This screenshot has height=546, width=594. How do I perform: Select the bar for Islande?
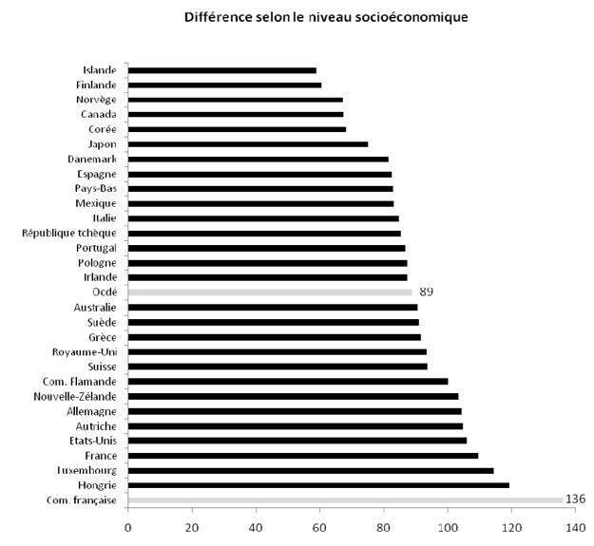pyautogui.click(x=221, y=70)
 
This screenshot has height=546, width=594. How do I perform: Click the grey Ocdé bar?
pyautogui.click(x=270, y=292)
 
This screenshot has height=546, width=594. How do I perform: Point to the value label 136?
pyautogui.click(x=575, y=499)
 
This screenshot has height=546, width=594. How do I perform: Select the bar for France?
pyautogui.click(x=302, y=456)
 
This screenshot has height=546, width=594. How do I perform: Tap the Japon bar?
pyautogui.click(x=247, y=144)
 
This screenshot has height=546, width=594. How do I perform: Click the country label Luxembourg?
pyautogui.click(x=86, y=470)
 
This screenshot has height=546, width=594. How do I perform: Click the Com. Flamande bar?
pyautogui.click(x=288, y=382)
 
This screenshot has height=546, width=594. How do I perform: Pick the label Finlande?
pyautogui.click(x=96, y=85)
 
